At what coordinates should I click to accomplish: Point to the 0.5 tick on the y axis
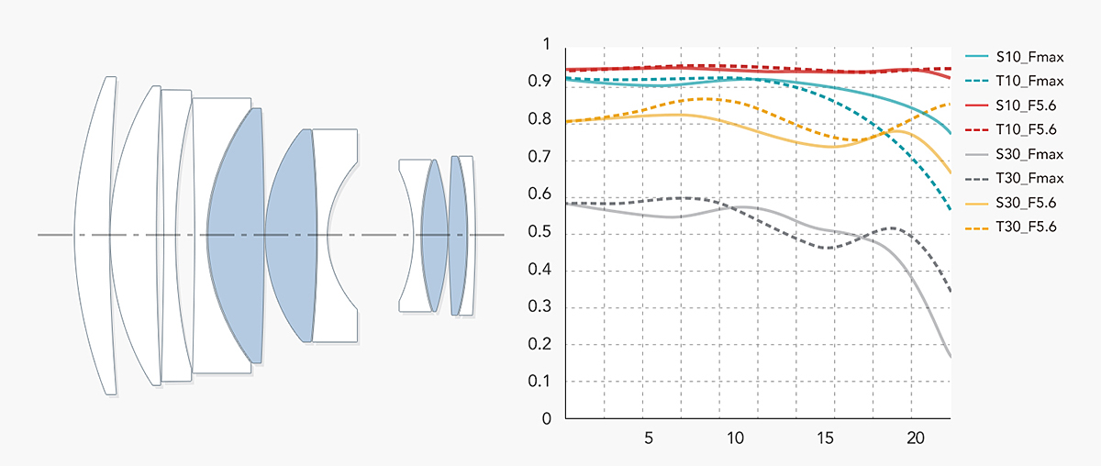click(546, 232)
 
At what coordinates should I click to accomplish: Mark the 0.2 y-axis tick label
click(546, 345)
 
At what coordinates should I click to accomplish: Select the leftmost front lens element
click(96, 236)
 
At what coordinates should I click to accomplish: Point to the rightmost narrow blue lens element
click(458, 236)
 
